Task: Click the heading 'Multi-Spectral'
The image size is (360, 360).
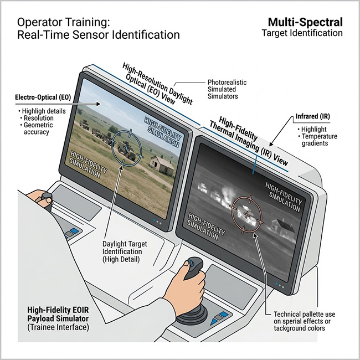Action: pyautogui.click(x=305, y=22)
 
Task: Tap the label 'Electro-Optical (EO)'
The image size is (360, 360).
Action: pyautogui.click(x=42, y=98)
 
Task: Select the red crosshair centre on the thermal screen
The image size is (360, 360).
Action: pyautogui.click(x=245, y=213)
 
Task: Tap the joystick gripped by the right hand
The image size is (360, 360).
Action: pyautogui.click(x=193, y=270)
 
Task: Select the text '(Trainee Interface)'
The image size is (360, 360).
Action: pyautogui.click(x=56, y=328)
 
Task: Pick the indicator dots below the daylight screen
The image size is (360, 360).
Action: pyautogui.click(x=158, y=221)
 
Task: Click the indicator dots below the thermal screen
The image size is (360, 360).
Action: pyautogui.click(x=282, y=286)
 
